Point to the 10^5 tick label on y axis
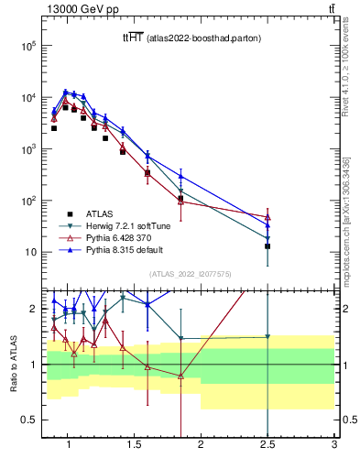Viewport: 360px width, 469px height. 27,46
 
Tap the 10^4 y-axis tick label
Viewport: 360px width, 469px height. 27,97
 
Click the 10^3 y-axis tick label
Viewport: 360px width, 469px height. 27,148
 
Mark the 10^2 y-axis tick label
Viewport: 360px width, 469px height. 27,201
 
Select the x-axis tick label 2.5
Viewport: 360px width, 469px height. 267,446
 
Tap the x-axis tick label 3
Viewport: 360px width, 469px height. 334,446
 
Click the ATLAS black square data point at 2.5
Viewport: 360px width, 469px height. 267,245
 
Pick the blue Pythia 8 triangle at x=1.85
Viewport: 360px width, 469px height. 180,177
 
